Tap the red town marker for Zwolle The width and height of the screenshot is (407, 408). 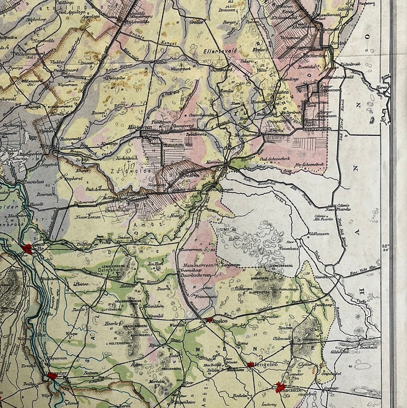tap(27, 249)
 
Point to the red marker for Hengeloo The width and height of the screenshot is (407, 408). tap(250, 365)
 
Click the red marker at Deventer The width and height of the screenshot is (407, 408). tap(52, 376)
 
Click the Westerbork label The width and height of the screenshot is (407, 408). tap(182, 69)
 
